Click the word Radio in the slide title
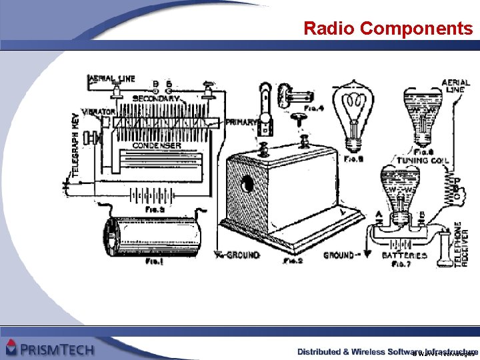(329, 28)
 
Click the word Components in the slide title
(416, 28)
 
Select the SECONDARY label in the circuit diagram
(155, 99)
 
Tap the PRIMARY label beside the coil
(241, 122)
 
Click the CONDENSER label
(156, 145)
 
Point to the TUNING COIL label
(423, 161)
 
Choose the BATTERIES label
(405, 255)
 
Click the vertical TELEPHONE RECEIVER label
(463, 244)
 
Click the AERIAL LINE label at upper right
(455, 86)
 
